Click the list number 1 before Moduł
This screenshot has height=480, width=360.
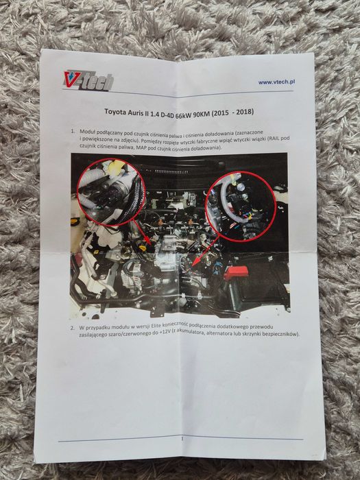coord(73,130)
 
